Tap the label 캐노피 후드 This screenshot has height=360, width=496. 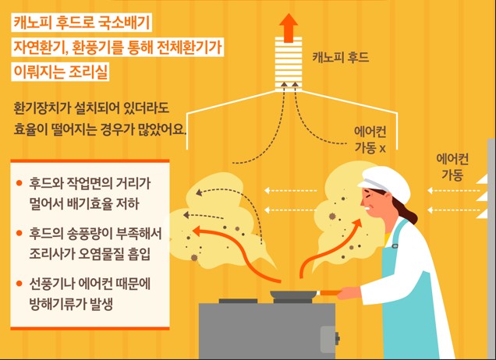[340, 58]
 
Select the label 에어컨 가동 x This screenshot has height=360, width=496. [370, 139]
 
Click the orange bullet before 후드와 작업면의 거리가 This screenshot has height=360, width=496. [19, 184]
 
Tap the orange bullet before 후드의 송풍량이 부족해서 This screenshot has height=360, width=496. [19, 233]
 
